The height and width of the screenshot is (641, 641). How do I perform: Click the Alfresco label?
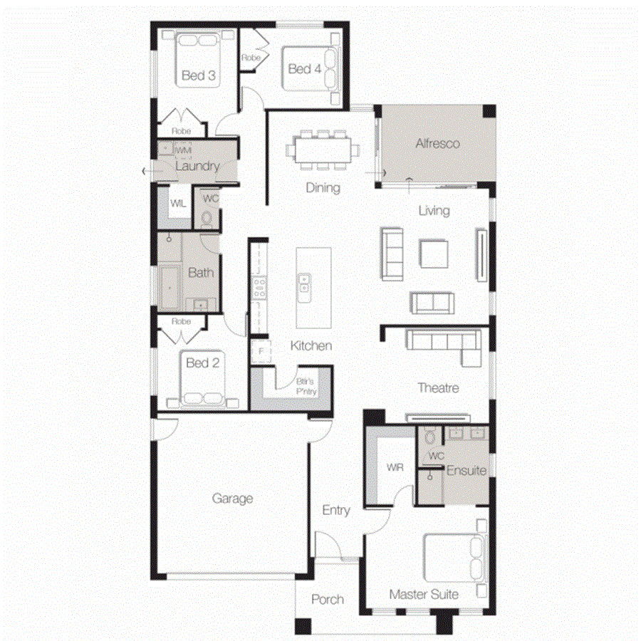coord(437,143)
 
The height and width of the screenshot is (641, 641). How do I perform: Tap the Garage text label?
coord(232,499)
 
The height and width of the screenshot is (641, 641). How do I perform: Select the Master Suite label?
coord(424,594)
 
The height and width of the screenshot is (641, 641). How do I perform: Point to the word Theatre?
coord(438,388)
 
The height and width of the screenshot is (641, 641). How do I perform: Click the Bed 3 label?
coord(199,75)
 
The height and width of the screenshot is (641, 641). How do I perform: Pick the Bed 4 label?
coord(305,68)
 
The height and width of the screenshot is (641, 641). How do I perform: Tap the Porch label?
coord(328,600)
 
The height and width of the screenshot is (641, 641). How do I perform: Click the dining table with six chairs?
coord(322,150)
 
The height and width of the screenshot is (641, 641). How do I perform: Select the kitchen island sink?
coord(303,283)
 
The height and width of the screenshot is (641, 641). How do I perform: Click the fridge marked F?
coord(261,351)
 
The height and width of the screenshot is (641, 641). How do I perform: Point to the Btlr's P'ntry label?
coord(307,386)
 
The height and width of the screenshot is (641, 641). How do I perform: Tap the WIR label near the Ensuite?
coord(395,468)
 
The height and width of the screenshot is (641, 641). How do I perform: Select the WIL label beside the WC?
coord(177,203)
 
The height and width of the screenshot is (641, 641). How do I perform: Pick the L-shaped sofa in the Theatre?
coord(443,345)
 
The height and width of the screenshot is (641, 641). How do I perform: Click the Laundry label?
coord(197,166)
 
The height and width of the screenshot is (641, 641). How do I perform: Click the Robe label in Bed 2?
coord(182,321)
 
